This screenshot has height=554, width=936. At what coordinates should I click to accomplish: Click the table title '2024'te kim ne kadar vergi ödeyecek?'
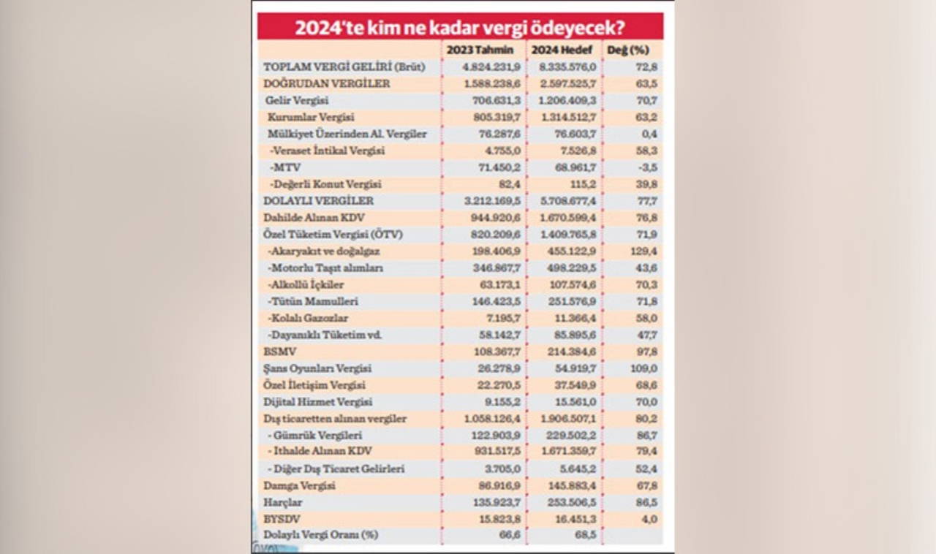460,27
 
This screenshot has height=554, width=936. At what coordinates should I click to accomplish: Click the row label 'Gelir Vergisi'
298,100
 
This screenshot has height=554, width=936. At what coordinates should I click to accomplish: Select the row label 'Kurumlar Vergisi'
306,117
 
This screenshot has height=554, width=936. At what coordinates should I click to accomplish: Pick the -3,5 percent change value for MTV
646,167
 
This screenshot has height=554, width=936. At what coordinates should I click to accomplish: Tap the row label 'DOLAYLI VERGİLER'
318,201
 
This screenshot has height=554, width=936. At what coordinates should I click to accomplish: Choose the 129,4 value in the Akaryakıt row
643,251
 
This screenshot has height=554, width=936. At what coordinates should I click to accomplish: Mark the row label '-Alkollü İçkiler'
306,284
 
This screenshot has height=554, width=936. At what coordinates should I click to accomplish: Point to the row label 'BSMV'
278,352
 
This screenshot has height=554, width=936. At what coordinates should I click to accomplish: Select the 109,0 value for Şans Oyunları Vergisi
643,368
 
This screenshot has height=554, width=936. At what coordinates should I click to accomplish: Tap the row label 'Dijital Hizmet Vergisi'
318,402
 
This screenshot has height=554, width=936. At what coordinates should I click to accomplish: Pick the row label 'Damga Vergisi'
299,485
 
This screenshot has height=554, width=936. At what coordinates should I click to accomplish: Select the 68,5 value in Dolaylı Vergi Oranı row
582,536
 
